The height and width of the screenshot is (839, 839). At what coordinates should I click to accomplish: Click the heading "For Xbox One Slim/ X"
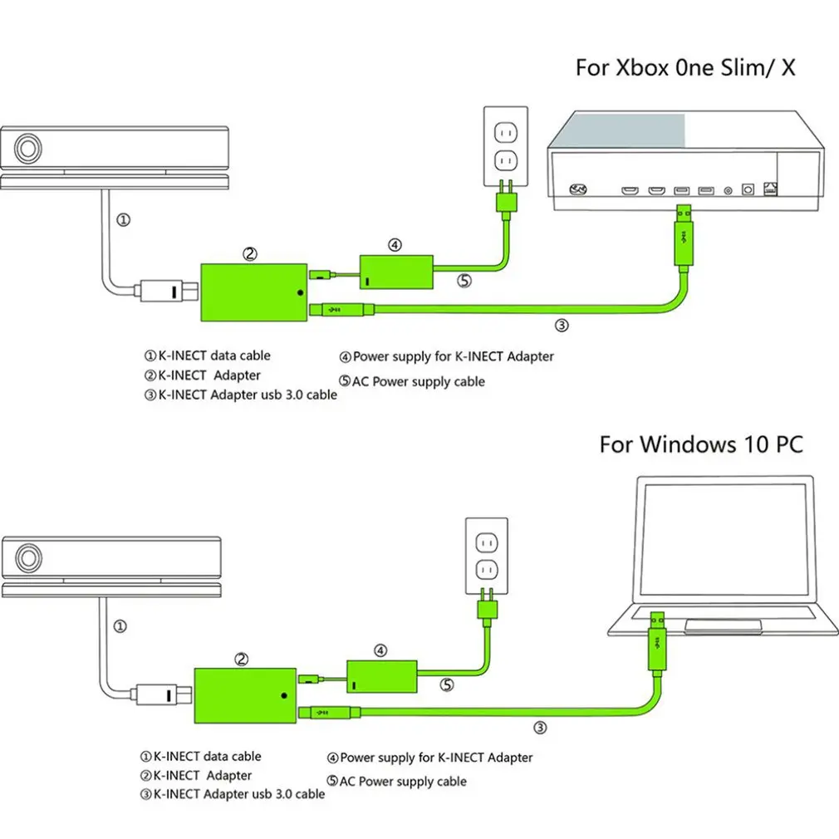click(x=684, y=67)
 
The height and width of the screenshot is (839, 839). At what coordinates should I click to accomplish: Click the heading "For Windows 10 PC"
click(x=701, y=444)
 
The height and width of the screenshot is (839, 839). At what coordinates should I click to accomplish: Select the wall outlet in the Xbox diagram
click(x=505, y=145)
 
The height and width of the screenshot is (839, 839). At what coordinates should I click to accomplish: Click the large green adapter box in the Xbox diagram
click(x=253, y=292)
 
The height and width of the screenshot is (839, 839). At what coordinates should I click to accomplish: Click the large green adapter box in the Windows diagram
click(x=245, y=693)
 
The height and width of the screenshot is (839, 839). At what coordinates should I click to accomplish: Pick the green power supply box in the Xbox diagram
click(x=394, y=271)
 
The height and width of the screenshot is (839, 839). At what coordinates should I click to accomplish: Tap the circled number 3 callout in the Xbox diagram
click(x=562, y=326)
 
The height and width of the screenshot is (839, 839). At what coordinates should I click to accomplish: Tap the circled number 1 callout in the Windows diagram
click(x=120, y=626)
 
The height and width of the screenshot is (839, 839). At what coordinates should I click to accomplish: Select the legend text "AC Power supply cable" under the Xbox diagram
click(x=419, y=381)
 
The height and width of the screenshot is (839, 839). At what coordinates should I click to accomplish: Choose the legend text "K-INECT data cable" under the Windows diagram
click(x=207, y=756)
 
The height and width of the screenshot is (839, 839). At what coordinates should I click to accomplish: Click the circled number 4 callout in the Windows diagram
click(x=380, y=650)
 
